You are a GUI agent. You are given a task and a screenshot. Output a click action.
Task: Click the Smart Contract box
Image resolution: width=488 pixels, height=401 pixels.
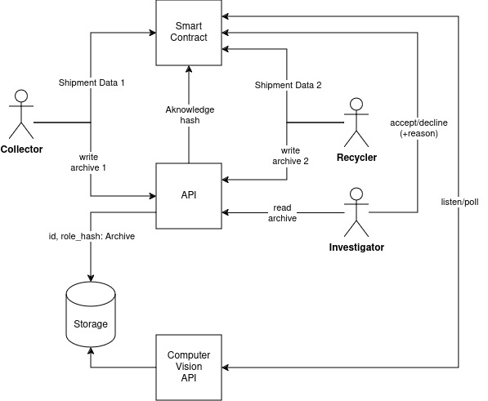(189, 33)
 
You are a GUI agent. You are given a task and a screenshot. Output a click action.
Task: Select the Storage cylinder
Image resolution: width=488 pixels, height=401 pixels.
(91, 314)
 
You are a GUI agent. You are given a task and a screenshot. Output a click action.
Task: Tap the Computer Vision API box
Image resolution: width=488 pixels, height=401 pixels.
(189, 368)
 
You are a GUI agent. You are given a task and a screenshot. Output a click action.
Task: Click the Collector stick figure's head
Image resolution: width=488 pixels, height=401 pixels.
(21, 96)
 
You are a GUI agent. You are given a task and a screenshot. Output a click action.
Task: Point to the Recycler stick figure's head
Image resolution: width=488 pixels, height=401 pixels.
(356, 105)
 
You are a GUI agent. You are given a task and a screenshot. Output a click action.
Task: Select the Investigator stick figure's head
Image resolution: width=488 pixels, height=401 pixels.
(356, 194)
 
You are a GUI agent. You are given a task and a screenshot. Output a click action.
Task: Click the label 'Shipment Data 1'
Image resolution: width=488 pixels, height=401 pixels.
(92, 82)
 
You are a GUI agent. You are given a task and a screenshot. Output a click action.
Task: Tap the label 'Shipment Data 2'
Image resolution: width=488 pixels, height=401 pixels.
(288, 85)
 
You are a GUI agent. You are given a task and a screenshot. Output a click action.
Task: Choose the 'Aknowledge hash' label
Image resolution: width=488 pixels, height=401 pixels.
(190, 114)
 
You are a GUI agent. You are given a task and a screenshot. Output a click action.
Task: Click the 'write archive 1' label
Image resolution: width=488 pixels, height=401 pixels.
(88, 163)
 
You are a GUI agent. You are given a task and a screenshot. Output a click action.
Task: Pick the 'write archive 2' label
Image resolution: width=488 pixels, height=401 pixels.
(290, 156)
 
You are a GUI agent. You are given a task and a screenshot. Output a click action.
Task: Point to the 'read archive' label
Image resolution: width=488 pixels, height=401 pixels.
(282, 213)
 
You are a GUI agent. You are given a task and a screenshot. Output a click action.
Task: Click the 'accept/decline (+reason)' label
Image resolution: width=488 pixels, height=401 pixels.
(419, 128)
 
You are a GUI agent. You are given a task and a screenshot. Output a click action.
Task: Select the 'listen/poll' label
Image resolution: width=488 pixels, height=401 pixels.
(459, 202)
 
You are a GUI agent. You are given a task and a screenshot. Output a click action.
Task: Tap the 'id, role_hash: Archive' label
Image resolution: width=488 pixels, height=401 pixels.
(92, 236)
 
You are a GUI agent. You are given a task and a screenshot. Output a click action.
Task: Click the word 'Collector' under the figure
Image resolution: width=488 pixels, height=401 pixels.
(21, 149)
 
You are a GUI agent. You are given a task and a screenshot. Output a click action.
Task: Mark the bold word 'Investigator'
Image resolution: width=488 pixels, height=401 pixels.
(356, 247)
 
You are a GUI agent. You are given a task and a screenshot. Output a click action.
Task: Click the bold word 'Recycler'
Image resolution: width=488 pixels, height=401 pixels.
(356, 158)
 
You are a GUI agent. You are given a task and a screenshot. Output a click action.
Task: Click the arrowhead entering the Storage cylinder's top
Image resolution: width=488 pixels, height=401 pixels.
(91, 278)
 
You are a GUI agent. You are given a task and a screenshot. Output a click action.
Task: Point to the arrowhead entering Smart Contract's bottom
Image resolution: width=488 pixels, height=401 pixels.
(189, 69)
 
